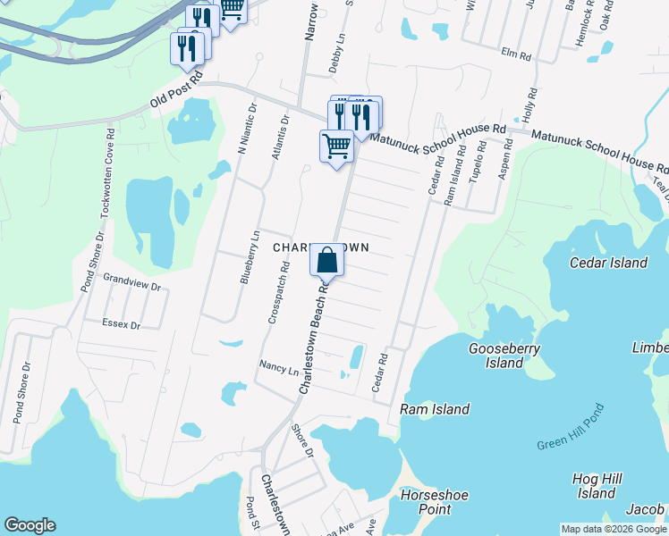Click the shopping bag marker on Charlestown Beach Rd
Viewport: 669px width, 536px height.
[x=327, y=261]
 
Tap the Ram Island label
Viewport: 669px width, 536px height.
[x=435, y=409]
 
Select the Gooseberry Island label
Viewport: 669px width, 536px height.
[x=504, y=356]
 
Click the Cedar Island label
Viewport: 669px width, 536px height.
[x=608, y=263]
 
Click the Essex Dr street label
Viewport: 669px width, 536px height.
[x=123, y=325]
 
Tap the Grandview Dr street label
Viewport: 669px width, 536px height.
[x=131, y=288]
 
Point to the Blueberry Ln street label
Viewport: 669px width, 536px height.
[x=249, y=257]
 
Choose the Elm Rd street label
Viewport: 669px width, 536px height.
[x=516, y=54]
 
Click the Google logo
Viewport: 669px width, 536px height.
[x=30, y=525]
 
